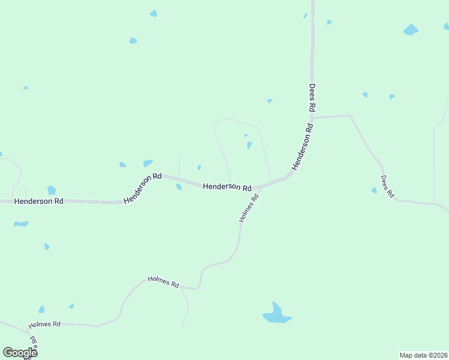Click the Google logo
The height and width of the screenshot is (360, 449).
tap(19, 353)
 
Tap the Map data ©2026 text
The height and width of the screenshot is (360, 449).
tap(423, 355)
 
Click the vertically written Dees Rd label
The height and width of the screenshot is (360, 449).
tap(312, 97)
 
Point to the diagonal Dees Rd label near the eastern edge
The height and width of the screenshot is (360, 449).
tap(387, 186)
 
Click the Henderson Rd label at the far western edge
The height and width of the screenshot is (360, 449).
tap(38, 202)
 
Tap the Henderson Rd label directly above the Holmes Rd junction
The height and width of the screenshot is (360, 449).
tap(227, 187)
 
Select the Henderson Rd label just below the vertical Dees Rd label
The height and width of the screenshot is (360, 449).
tap(303, 146)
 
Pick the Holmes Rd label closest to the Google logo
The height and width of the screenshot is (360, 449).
tap(44, 325)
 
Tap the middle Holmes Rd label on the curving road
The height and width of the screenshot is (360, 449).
tap(163, 280)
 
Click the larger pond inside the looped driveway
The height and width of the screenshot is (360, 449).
tap(249, 145)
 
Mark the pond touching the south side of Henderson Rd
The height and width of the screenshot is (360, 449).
tap(179, 187)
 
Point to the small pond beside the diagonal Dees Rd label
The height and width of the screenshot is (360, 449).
tap(374, 190)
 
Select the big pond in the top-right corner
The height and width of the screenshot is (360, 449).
tap(411, 29)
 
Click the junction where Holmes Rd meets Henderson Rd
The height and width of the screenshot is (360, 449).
tap(260, 188)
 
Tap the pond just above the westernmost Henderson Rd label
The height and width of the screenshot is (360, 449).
tap(52, 190)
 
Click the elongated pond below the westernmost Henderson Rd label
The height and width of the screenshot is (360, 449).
tap(21, 224)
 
